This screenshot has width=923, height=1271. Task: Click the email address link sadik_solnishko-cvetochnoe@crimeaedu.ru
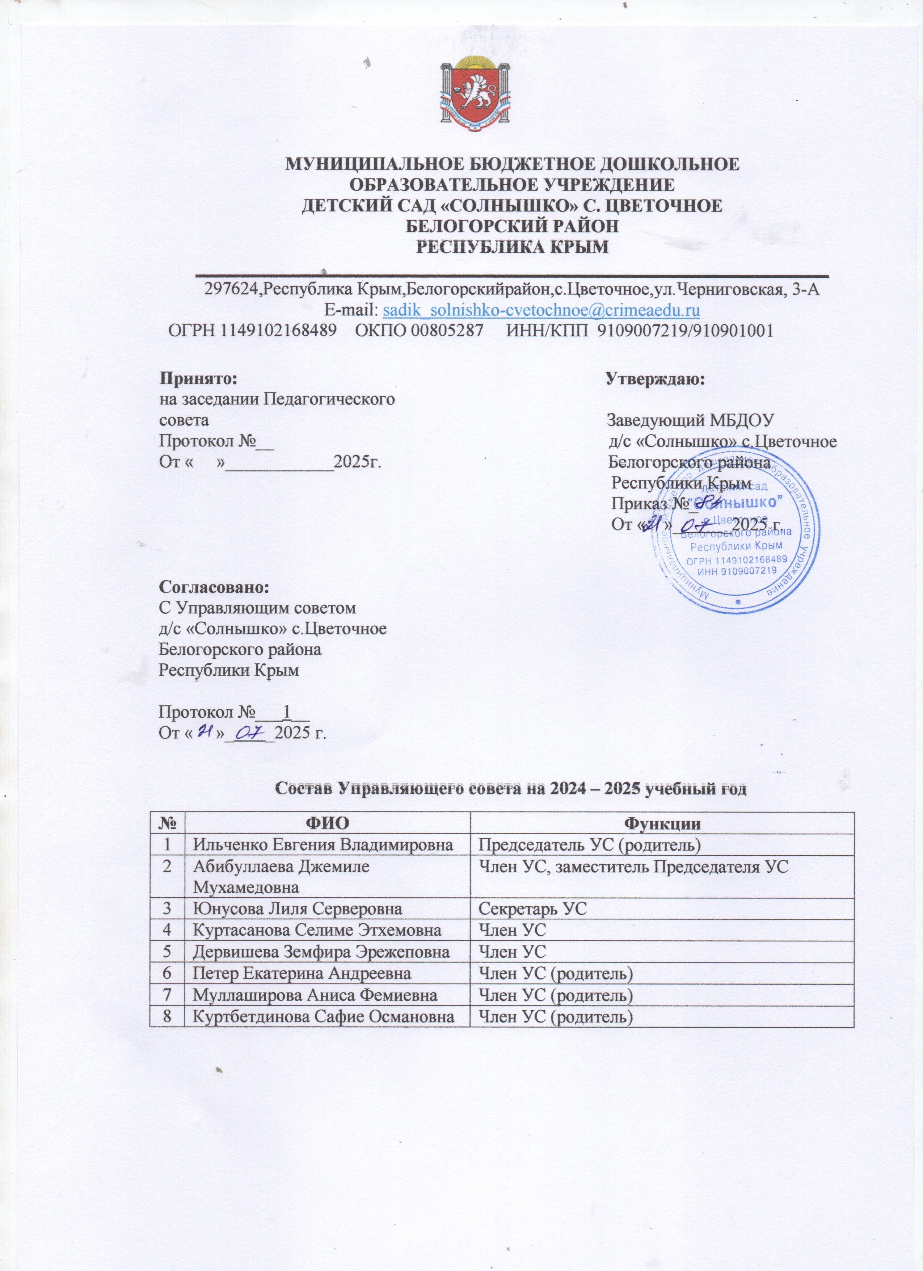[540, 310]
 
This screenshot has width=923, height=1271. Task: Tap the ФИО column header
[327, 823]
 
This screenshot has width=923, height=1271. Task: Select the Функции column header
[662, 823]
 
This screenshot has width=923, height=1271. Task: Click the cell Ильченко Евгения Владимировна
[323, 844]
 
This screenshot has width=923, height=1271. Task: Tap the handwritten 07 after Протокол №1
[252, 733]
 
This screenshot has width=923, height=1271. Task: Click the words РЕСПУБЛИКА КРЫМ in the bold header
[511, 247]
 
